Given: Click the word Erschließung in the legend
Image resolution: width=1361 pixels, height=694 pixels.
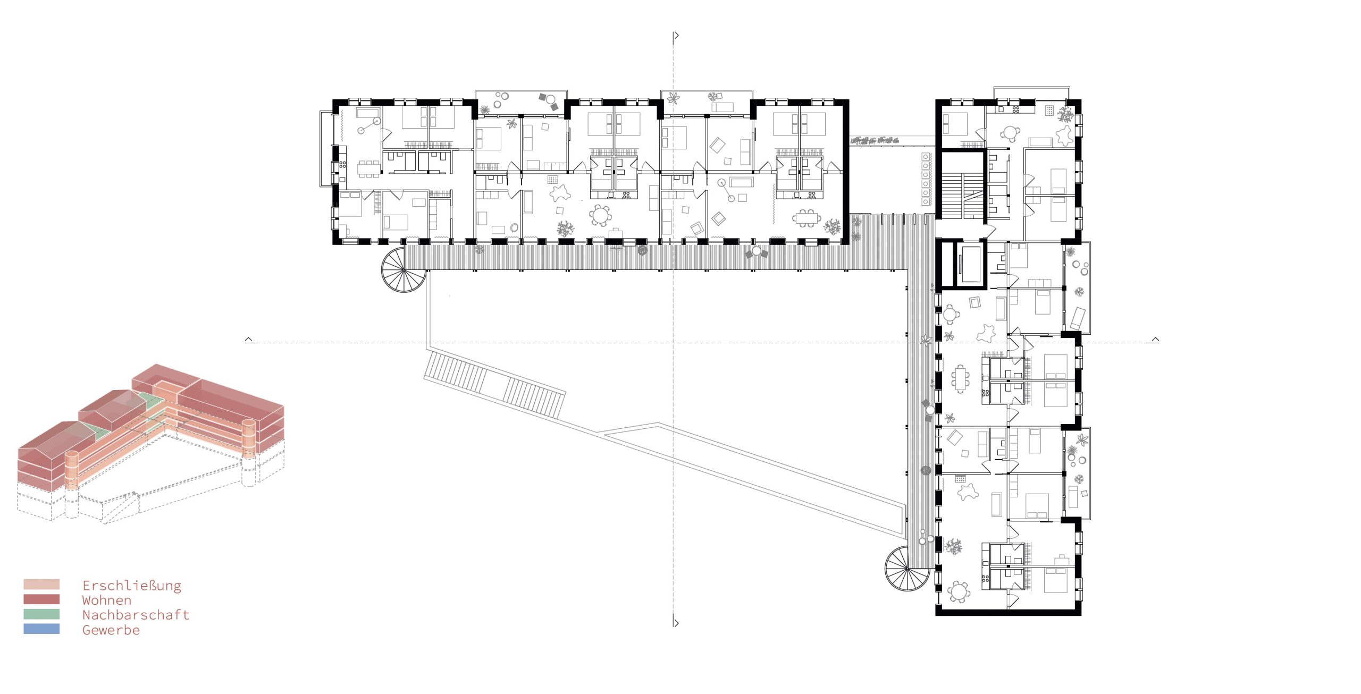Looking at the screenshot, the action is click(x=132, y=586).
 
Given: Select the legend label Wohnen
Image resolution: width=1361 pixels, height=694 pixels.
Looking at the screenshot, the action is click(x=107, y=600).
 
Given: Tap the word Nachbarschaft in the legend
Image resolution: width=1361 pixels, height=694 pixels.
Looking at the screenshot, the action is click(x=136, y=615).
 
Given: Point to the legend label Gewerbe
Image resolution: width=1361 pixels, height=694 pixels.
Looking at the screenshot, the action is click(x=111, y=630).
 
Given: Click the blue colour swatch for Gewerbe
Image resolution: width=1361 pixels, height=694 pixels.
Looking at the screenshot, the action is click(x=41, y=629).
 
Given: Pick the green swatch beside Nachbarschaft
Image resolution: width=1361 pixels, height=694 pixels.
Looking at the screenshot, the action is click(x=41, y=614).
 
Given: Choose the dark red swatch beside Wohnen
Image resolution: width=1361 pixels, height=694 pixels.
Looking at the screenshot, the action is click(x=41, y=599).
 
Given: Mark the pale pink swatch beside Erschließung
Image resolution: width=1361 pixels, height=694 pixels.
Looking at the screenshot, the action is click(x=41, y=585).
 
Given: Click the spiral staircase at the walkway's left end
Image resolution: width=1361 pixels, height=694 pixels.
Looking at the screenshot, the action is click(x=404, y=269).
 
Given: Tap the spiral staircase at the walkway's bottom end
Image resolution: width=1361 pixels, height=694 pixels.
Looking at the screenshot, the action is click(x=908, y=568).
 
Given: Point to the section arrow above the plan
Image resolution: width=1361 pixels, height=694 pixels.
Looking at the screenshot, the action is click(x=676, y=36).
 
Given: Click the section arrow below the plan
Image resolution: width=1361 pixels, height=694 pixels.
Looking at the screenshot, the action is click(x=676, y=623).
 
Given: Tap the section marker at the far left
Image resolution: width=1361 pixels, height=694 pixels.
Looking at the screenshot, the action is click(x=249, y=340).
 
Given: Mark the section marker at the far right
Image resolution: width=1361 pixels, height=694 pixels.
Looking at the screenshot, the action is click(x=1155, y=340).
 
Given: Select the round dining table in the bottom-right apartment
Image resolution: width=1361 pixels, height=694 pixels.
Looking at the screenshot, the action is click(x=960, y=591).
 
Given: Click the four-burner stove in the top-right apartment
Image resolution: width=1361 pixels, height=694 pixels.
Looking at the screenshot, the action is click(x=1015, y=109).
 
